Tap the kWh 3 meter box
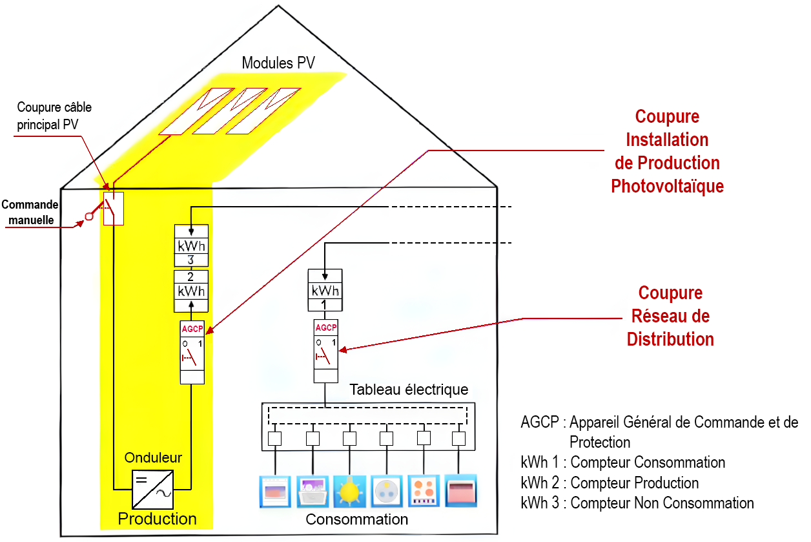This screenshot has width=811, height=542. coord(192,246)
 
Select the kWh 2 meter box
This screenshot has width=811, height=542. coord(192,291)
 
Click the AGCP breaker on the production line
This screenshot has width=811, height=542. coord(192,351)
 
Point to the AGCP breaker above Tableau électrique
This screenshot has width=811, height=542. coord(325,351)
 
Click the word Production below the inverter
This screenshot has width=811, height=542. coord(157,519)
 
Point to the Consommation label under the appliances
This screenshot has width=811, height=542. coord(356,519)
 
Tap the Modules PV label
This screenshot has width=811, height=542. coord(278,63)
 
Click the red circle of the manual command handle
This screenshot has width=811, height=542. coord(90,216)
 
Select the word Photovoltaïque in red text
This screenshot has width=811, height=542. coord(667,186)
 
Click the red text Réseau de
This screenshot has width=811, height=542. coord(670,316)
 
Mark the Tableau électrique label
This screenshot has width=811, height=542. coord(409,390)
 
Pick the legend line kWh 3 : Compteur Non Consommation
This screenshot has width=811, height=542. coord(637,503)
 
